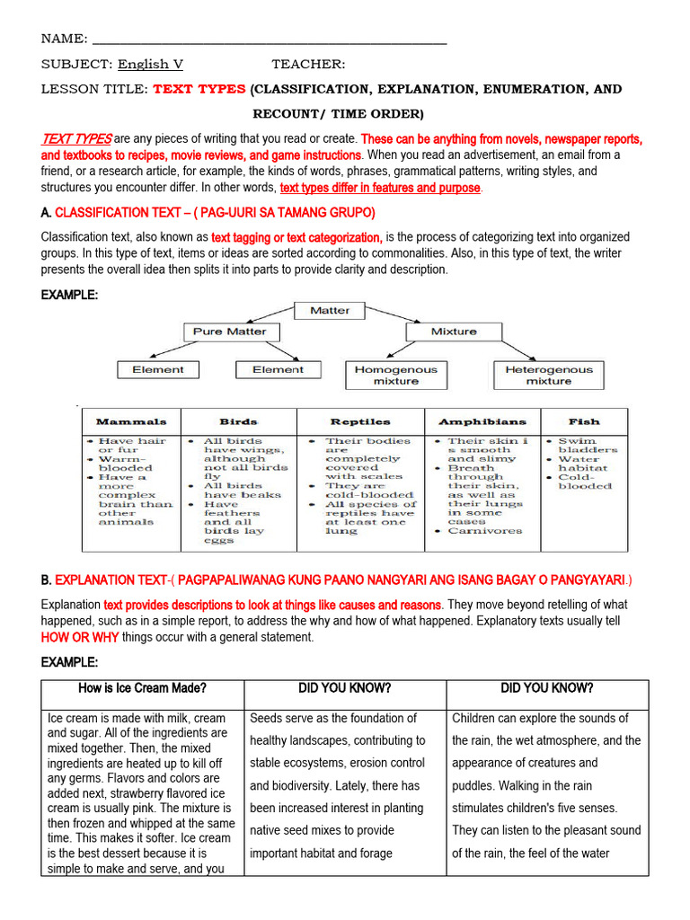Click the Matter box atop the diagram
click(330, 310)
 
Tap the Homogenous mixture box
click(396, 375)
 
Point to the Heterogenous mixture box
click(548, 375)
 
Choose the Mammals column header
click(131, 421)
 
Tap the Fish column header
click(583, 421)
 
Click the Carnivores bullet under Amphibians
click(484, 531)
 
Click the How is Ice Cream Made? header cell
click(143, 689)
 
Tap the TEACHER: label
click(308, 64)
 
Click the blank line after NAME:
click(270, 39)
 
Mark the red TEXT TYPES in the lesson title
click(199, 90)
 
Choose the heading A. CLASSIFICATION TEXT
click(208, 212)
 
